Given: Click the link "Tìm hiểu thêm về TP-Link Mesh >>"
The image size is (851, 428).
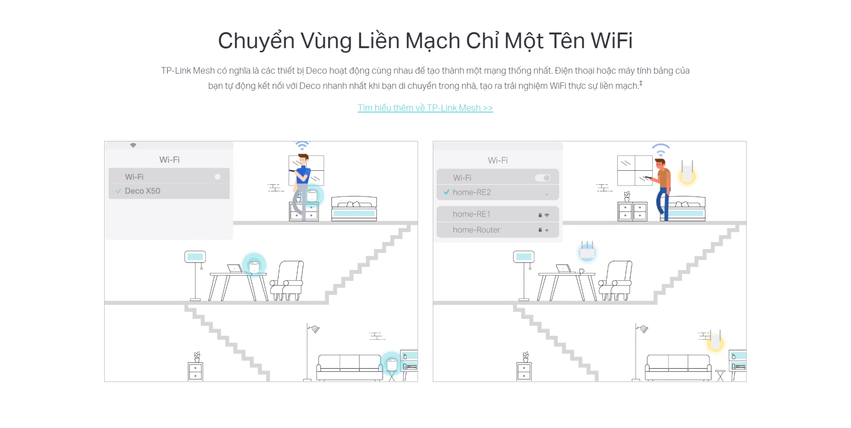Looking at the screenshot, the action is [425, 108].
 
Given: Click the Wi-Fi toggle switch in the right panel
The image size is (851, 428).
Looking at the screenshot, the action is [543, 178].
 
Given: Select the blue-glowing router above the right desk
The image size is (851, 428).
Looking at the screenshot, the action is [587, 252].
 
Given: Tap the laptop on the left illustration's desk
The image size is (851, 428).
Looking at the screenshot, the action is [234, 268].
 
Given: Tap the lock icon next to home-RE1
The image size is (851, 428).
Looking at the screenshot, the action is [540, 215].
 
